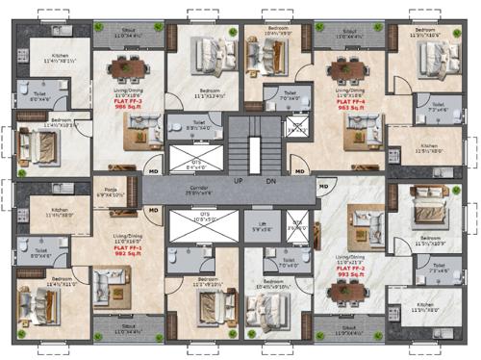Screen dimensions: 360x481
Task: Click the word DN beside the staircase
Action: [270, 180]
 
